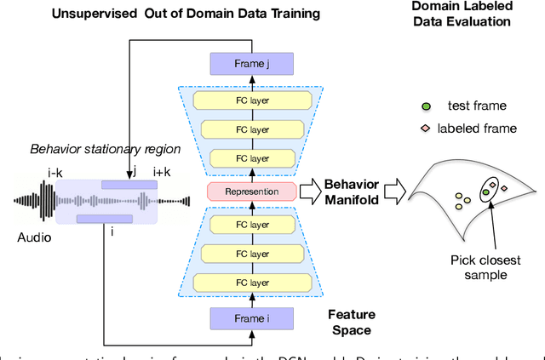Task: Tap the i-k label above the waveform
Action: click(55, 173)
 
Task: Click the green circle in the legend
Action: click(424, 106)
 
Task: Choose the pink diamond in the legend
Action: click(425, 128)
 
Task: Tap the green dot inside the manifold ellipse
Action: click(485, 193)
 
